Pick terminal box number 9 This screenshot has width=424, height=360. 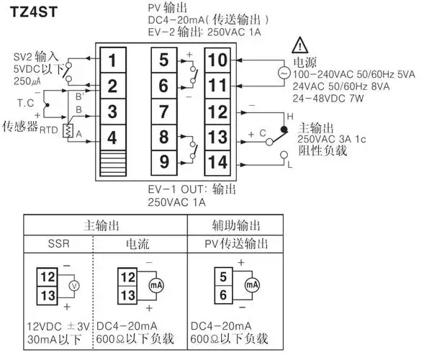tap(164, 161)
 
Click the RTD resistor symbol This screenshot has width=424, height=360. tap(69, 130)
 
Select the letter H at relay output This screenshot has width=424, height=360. tap(289, 115)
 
